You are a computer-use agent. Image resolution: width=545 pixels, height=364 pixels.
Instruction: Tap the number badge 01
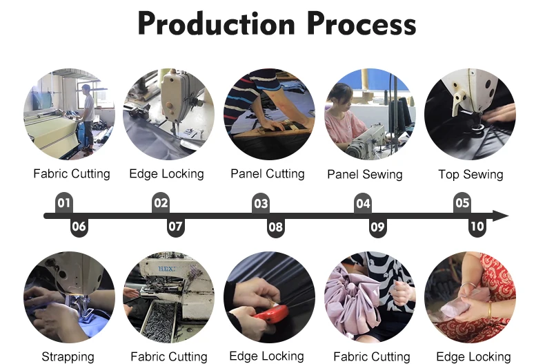[64, 203]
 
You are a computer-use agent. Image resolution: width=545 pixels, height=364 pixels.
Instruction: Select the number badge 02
[161, 203]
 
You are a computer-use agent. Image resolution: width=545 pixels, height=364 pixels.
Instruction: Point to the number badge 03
[261, 204]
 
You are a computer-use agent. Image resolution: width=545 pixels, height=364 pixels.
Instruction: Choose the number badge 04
[363, 204]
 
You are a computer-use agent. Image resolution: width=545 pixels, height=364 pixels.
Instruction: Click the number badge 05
[462, 203]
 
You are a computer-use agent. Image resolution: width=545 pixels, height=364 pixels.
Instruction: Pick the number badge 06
[79, 227]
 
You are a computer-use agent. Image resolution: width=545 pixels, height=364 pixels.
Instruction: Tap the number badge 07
[176, 227]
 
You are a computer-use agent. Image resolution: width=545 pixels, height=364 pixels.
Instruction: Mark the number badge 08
[276, 227]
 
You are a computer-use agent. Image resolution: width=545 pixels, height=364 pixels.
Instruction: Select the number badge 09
[377, 227]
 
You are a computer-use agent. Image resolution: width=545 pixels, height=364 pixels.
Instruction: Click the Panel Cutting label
[268, 174]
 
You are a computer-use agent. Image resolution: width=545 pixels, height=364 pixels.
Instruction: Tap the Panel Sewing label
[364, 175]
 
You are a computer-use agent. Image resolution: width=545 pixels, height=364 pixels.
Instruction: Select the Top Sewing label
[470, 175]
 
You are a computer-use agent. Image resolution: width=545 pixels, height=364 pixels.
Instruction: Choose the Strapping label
[68, 356]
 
